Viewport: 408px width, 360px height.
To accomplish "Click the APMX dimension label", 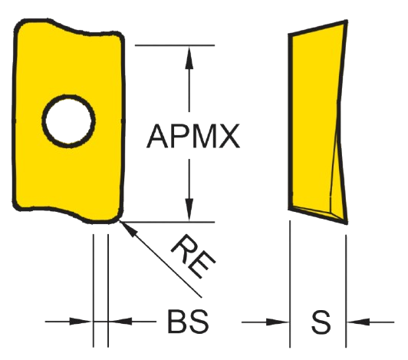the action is pos(193,136).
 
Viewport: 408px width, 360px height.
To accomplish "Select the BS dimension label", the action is pos(189,321).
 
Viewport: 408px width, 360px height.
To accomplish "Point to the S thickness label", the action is pos(321,322).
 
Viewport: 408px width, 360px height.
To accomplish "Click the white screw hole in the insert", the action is pos(68,121).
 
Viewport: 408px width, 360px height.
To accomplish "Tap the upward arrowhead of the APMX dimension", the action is pos(189,58).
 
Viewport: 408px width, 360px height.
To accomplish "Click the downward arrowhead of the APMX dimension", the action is pos(189,210).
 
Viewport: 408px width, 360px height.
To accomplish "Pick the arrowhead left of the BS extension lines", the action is pos(81,322).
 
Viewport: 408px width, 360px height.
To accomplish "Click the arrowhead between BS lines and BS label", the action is pos(120,322).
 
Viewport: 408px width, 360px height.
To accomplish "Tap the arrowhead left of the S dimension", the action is pos(278,322).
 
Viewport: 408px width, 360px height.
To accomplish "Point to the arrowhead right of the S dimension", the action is pos(358,322).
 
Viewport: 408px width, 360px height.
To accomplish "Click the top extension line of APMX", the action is pos(175,45).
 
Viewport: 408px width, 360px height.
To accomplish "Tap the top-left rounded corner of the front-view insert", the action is pos(20,25).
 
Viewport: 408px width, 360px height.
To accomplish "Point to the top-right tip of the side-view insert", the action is pos(346,21).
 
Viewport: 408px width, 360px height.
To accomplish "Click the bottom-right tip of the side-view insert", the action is pos(346,223).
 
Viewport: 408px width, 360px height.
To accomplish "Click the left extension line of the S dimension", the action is pos(290,284).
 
